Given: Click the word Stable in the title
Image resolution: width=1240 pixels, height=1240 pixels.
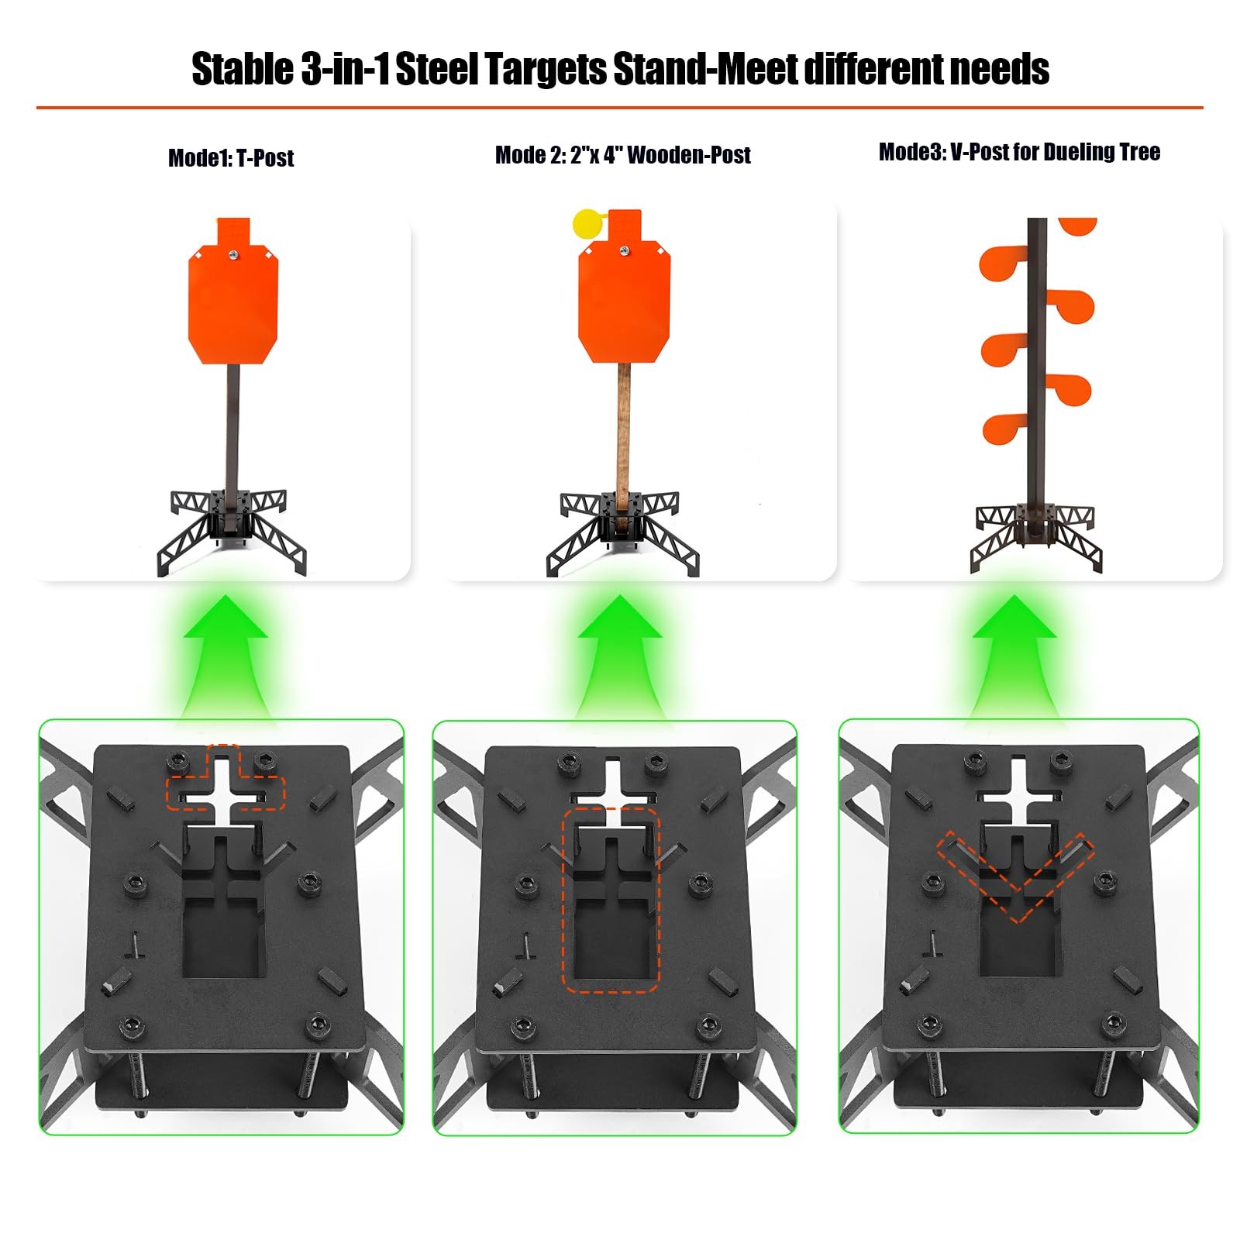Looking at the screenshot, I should [243, 69].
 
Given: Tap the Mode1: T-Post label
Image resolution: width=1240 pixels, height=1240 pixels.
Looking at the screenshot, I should [231, 158].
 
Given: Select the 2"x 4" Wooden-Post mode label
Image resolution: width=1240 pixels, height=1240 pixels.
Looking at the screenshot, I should [622, 155].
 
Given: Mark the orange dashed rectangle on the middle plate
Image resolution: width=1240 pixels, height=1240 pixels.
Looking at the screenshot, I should [611, 899].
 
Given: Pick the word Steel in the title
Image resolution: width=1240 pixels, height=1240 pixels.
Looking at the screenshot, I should [438, 69].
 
